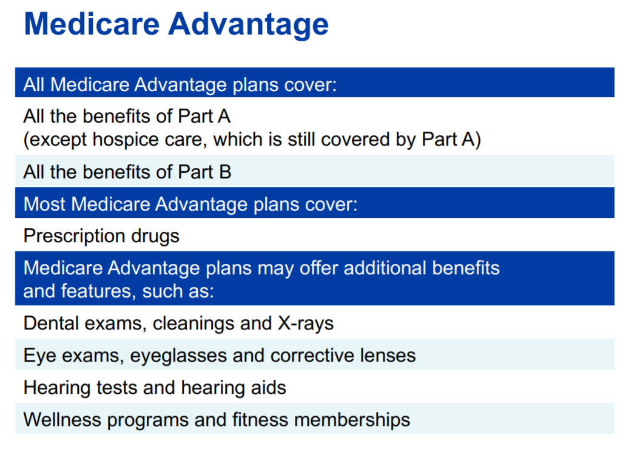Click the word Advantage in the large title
[249, 24]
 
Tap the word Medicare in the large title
[92, 24]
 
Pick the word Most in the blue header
[44, 204]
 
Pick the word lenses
[388, 356]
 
